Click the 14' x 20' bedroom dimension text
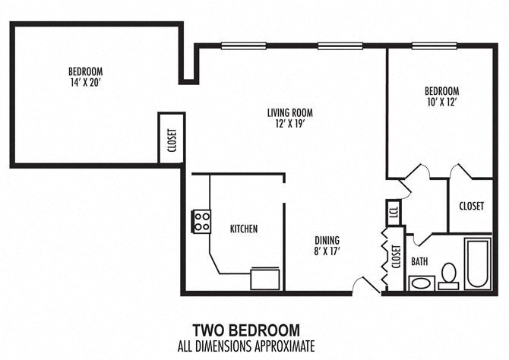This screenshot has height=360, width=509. point(84,81)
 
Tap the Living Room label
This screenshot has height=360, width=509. point(289,113)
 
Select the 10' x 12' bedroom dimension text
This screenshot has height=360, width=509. point(441,101)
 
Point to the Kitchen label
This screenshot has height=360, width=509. point(244,229)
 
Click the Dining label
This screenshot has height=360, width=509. point(327,240)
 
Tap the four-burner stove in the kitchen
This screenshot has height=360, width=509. point(201,221)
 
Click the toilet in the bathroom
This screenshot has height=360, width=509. point(448,275)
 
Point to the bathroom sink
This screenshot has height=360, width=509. point(420,283)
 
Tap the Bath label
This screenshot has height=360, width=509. point(419,261)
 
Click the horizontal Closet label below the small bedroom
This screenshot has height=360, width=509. point(472,206)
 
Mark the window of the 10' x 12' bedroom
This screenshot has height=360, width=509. point(435,46)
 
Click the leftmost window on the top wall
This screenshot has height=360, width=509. point(243,46)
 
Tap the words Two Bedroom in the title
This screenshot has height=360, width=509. point(245,330)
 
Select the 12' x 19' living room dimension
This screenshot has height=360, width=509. point(289,124)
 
